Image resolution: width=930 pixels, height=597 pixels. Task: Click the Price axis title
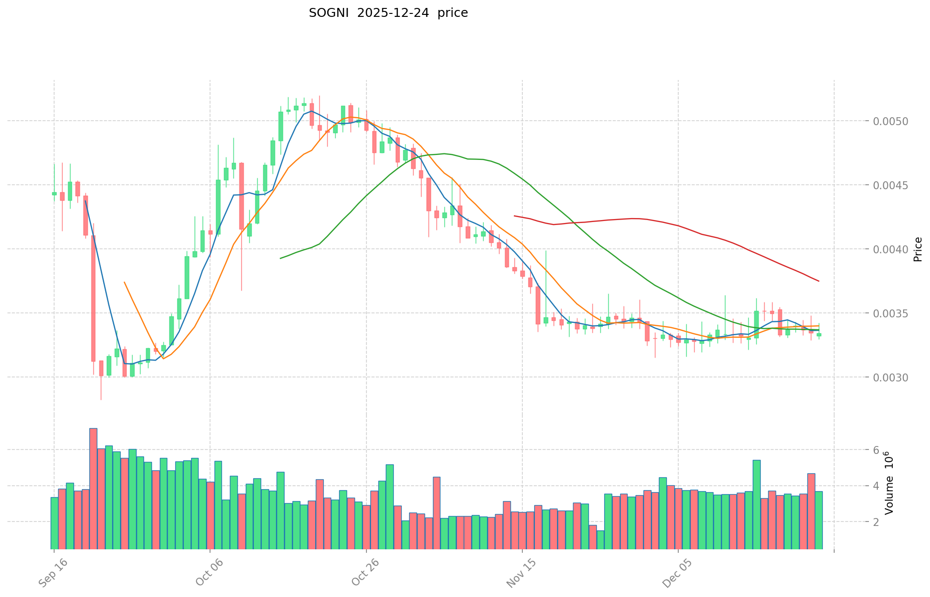pyautogui.click(x=918, y=249)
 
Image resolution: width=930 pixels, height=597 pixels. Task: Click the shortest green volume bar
pyautogui.click(x=600, y=539)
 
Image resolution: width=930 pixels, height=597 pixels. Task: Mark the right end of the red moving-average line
pyautogui.click(x=819, y=281)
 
